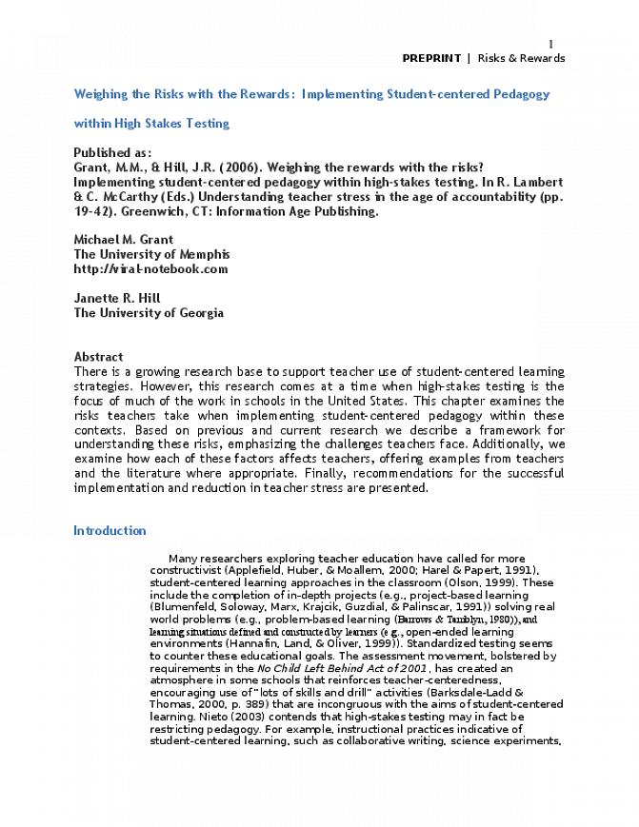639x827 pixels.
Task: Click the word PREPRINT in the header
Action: click(x=430, y=58)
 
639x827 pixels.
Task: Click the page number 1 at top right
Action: click(x=550, y=43)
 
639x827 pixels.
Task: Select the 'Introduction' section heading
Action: click(x=110, y=531)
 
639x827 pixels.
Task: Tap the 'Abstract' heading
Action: click(x=98, y=356)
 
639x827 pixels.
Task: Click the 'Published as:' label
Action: click(x=112, y=152)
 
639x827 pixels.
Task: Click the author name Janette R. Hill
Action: click(x=117, y=298)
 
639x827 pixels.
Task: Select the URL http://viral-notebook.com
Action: click(x=150, y=268)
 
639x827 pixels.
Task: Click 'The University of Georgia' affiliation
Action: click(x=149, y=312)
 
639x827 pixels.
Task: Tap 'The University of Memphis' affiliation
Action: click(x=151, y=254)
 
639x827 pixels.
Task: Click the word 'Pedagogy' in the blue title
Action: click(x=520, y=94)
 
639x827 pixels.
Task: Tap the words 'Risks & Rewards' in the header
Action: click(x=521, y=58)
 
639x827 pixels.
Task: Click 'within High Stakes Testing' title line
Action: click(x=151, y=123)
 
